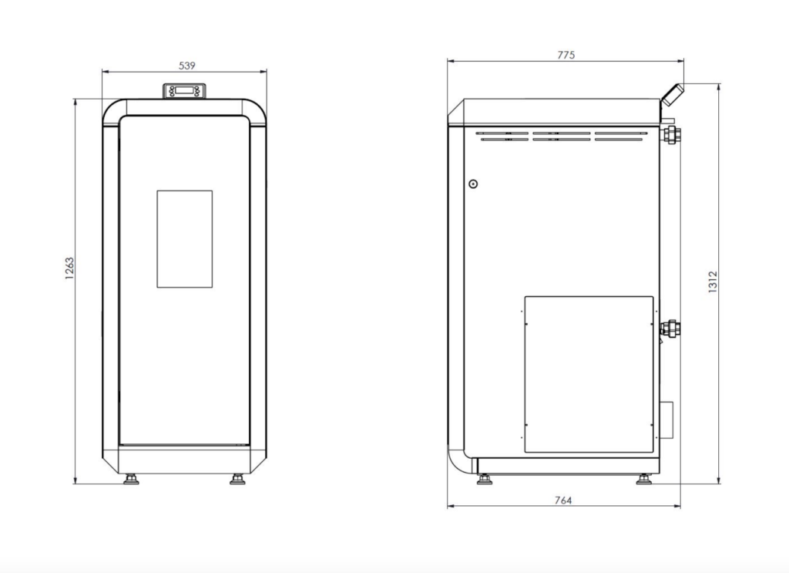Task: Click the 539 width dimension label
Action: click(186, 66)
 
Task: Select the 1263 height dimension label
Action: click(69, 268)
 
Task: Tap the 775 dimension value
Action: click(566, 55)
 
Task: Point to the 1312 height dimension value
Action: click(712, 282)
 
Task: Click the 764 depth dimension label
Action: click(563, 500)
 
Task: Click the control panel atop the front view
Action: click(184, 91)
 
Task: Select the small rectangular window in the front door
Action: click(185, 239)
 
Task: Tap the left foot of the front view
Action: click(131, 479)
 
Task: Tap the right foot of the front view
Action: click(237, 479)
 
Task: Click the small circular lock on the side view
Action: click(473, 184)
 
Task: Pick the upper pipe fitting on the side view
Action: click(671, 135)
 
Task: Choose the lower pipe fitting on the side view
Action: click(671, 329)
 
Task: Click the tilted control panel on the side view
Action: click(673, 95)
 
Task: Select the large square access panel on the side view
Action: click(589, 375)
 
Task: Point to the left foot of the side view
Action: click(485, 479)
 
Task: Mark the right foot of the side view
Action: click(644, 479)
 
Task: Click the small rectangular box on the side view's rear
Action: click(666, 420)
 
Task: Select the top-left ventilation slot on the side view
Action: click(502, 133)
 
